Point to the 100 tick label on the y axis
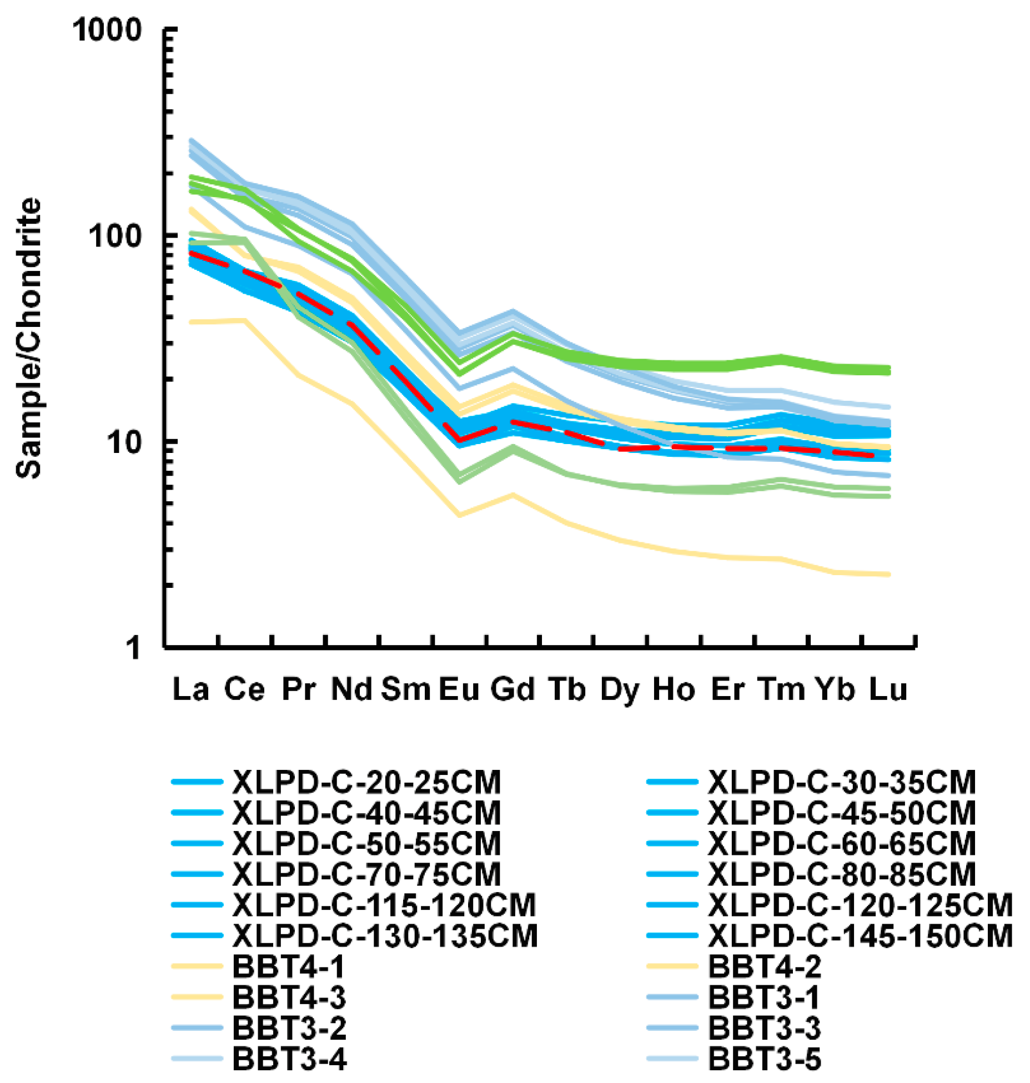pyautogui.click(x=115, y=236)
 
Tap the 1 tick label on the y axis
pyautogui.click(x=133, y=647)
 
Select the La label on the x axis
pyautogui.click(x=190, y=689)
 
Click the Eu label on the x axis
pyautogui.click(x=459, y=689)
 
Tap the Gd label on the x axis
pyautogui.click(x=512, y=689)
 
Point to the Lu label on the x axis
pyautogui.click(x=888, y=689)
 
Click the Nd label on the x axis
pyautogui.click(x=351, y=689)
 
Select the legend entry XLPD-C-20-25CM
pyautogui.click(x=366, y=782)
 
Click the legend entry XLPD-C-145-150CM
pyautogui.click(x=860, y=936)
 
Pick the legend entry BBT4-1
pyautogui.click(x=288, y=966)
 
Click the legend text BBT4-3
pyautogui.click(x=289, y=997)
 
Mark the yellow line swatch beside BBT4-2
pyautogui.click(x=672, y=966)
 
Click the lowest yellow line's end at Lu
pyautogui.click(x=889, y=575)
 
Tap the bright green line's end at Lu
pyautogui.click(x=889, y=370)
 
